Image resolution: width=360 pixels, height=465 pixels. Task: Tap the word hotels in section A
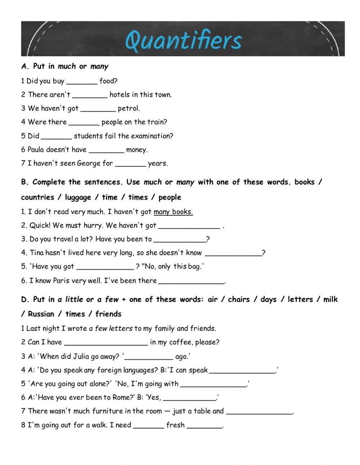tap(119, 95)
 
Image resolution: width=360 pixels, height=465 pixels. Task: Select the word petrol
tap(128, 108)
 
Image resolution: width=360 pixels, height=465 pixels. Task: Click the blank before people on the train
tap(84, 122)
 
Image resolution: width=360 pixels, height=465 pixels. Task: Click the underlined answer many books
tap(173, 212)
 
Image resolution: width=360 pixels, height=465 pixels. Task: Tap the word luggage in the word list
tap(78, 197)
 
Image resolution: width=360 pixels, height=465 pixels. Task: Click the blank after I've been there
tap(191, 281)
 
